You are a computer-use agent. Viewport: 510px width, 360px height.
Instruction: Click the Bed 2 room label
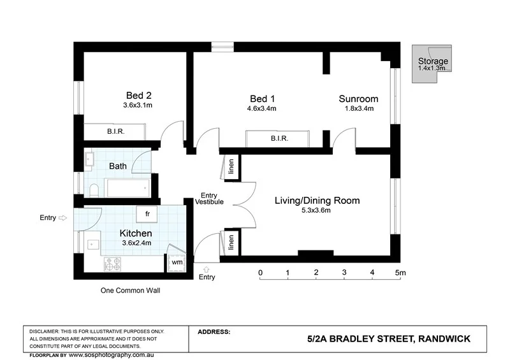(x=138, y=96)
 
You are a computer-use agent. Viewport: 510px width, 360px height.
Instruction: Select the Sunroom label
(x=358, y=99)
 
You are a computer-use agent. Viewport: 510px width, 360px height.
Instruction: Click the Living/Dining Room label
(x=317, y=201)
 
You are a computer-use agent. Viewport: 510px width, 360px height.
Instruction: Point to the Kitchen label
(x=136, y=234)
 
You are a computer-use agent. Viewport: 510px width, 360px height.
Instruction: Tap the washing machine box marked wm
(x=175, y=261)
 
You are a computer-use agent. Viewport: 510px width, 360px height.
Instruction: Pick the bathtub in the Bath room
(x=126, y=188)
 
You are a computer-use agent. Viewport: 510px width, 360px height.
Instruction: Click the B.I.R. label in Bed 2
(x=115, y=132)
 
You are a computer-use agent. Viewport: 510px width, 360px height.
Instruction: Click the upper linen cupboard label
(x=231, y=167)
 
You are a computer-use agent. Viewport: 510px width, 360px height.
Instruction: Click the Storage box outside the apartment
(x=432, y=64)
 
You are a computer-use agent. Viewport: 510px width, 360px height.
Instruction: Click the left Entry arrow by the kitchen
(x=62, y=218)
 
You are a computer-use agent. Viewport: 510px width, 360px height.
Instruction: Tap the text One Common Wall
(x=130, y=290)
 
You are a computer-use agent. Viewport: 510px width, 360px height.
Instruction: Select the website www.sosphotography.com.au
(x=116, y=354)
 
